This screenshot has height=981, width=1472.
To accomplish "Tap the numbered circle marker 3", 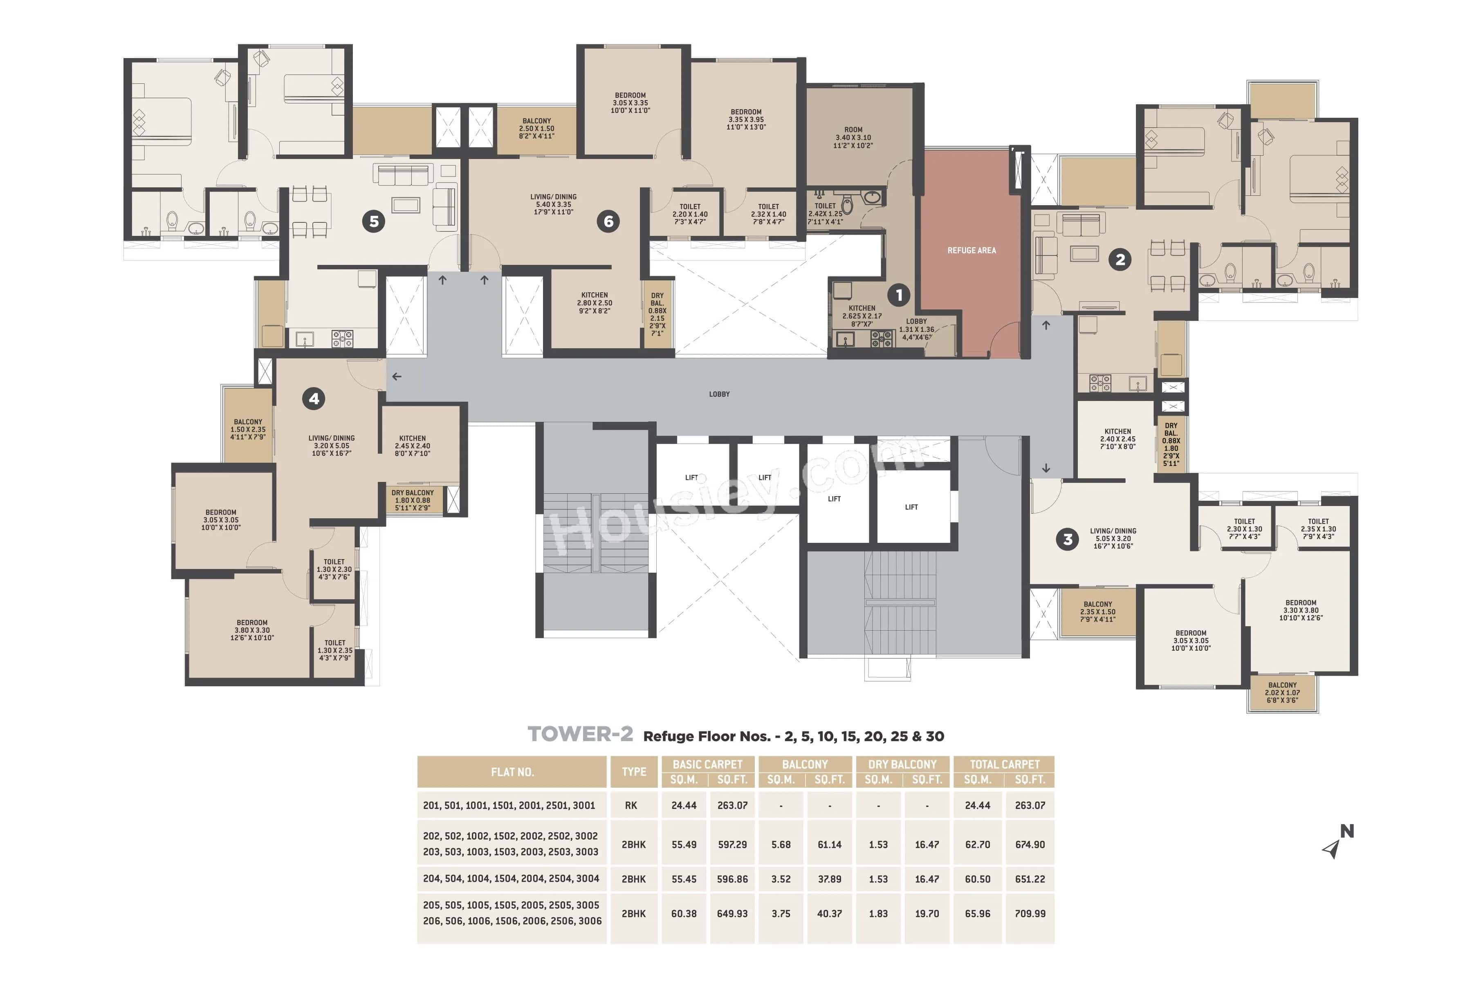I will [1067, 539].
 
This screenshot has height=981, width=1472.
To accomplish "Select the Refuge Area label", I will [972, 250].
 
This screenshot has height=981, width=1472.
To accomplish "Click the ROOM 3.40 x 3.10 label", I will [853, 138].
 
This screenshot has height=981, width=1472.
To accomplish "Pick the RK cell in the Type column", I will [631, 805].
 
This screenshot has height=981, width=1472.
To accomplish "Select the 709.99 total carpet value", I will [1030, 914].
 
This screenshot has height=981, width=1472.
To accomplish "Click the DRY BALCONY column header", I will [902, 764].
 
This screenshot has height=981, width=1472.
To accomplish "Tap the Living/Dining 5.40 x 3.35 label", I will [553, 204].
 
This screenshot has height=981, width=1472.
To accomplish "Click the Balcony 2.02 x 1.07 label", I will [1282, 692].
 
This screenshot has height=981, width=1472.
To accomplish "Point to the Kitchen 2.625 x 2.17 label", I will [862, 316].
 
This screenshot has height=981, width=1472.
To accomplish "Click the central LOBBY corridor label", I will [719, 394].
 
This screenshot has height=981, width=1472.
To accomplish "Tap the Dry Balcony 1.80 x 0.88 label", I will [413, 500].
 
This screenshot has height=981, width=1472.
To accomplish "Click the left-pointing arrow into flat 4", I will [397, 376].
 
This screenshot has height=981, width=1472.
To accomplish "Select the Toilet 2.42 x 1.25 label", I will [825, 213].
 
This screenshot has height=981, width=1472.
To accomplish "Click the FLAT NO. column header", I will [512, 772].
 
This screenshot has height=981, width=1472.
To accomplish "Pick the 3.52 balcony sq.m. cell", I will [781, 879].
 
